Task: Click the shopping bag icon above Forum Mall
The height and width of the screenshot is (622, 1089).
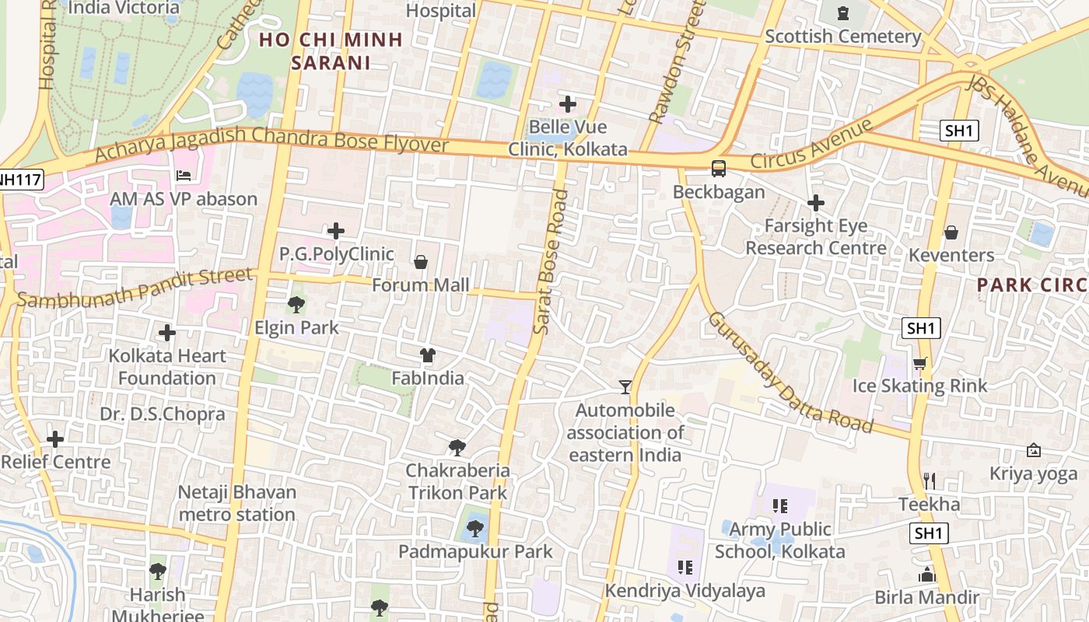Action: point(421,262)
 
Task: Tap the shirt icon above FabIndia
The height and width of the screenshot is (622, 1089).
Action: point(427,356)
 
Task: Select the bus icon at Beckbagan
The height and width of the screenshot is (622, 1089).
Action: point(719,169)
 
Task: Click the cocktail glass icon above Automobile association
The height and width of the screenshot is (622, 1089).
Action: point(625,386)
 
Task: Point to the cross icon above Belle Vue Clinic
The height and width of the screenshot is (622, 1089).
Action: point(568,103)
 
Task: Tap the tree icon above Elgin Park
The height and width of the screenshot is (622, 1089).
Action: point(296,305)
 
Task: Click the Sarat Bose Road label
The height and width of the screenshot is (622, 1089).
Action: point(551,262)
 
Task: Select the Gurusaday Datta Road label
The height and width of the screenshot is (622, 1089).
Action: point(789,372)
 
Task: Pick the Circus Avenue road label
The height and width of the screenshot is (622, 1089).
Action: point(812,144)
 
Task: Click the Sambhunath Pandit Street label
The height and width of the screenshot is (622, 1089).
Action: point(135,287)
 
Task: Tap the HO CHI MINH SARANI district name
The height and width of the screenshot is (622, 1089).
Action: point(331,51)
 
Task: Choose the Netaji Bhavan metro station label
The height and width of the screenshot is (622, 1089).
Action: point(237,503)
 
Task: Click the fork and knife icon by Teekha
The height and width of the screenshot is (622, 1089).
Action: point(929,480)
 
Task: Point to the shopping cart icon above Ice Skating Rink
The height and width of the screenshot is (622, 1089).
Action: point(920,363)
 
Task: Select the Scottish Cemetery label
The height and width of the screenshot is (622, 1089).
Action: point(843,36)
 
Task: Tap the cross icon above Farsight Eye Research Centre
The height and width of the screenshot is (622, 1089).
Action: point(815,203)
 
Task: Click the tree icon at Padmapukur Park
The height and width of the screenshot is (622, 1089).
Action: point(474,529)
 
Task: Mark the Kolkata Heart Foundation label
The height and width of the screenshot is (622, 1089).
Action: point(167,367)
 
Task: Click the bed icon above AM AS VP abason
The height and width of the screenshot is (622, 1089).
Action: point(184,176)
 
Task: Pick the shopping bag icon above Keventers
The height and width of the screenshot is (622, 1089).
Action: point(951,232)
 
